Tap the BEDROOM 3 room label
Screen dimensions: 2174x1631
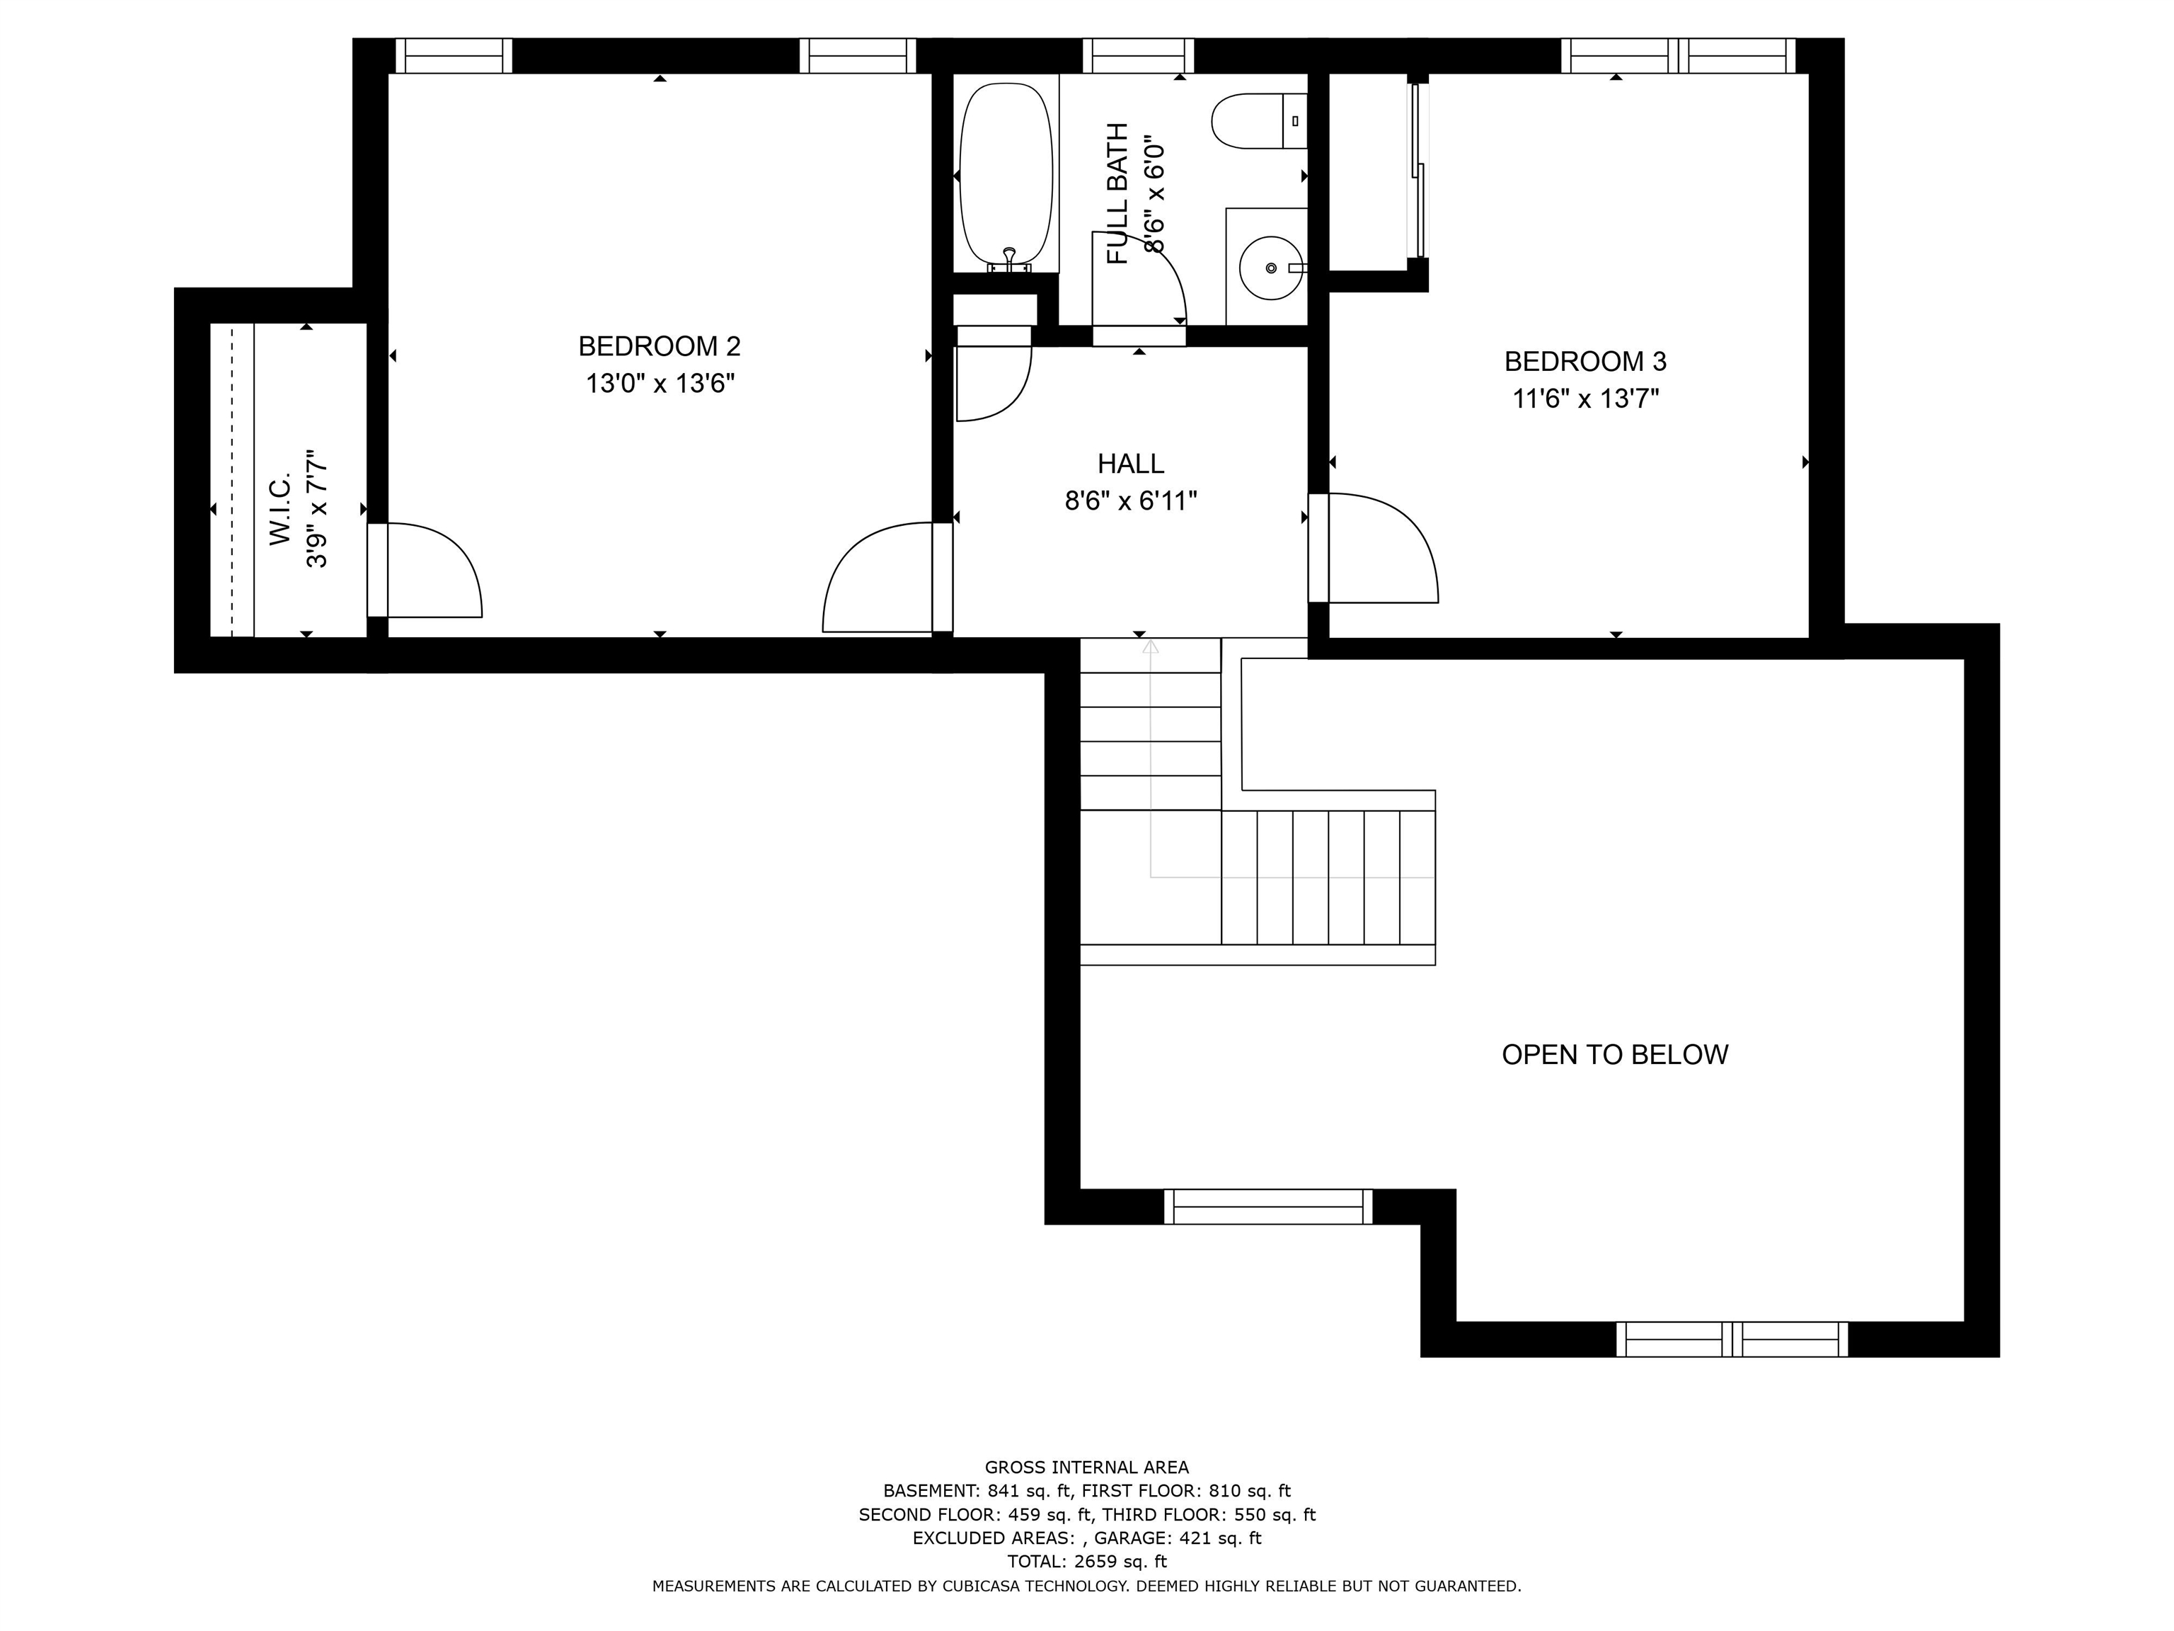(1585, 362)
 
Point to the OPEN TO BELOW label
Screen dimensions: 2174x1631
(1615, 1055)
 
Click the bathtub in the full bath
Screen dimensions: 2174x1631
(1006, 177)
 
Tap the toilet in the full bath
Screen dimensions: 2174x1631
(1259, 121)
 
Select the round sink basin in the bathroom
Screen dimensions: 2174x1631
(1271, 268)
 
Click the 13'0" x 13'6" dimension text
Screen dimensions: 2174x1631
(660, 384)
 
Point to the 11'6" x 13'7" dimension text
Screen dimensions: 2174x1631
(1585, 399)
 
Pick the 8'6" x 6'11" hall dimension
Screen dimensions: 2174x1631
(1130, 501)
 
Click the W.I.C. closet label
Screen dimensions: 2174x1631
(281, 509)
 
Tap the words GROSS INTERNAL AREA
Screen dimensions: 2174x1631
(1086, 1467)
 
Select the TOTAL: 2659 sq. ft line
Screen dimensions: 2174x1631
(1086, 1561)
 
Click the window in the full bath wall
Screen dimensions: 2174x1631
(1138, 56)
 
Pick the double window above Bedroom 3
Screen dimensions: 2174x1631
(1679, 56)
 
